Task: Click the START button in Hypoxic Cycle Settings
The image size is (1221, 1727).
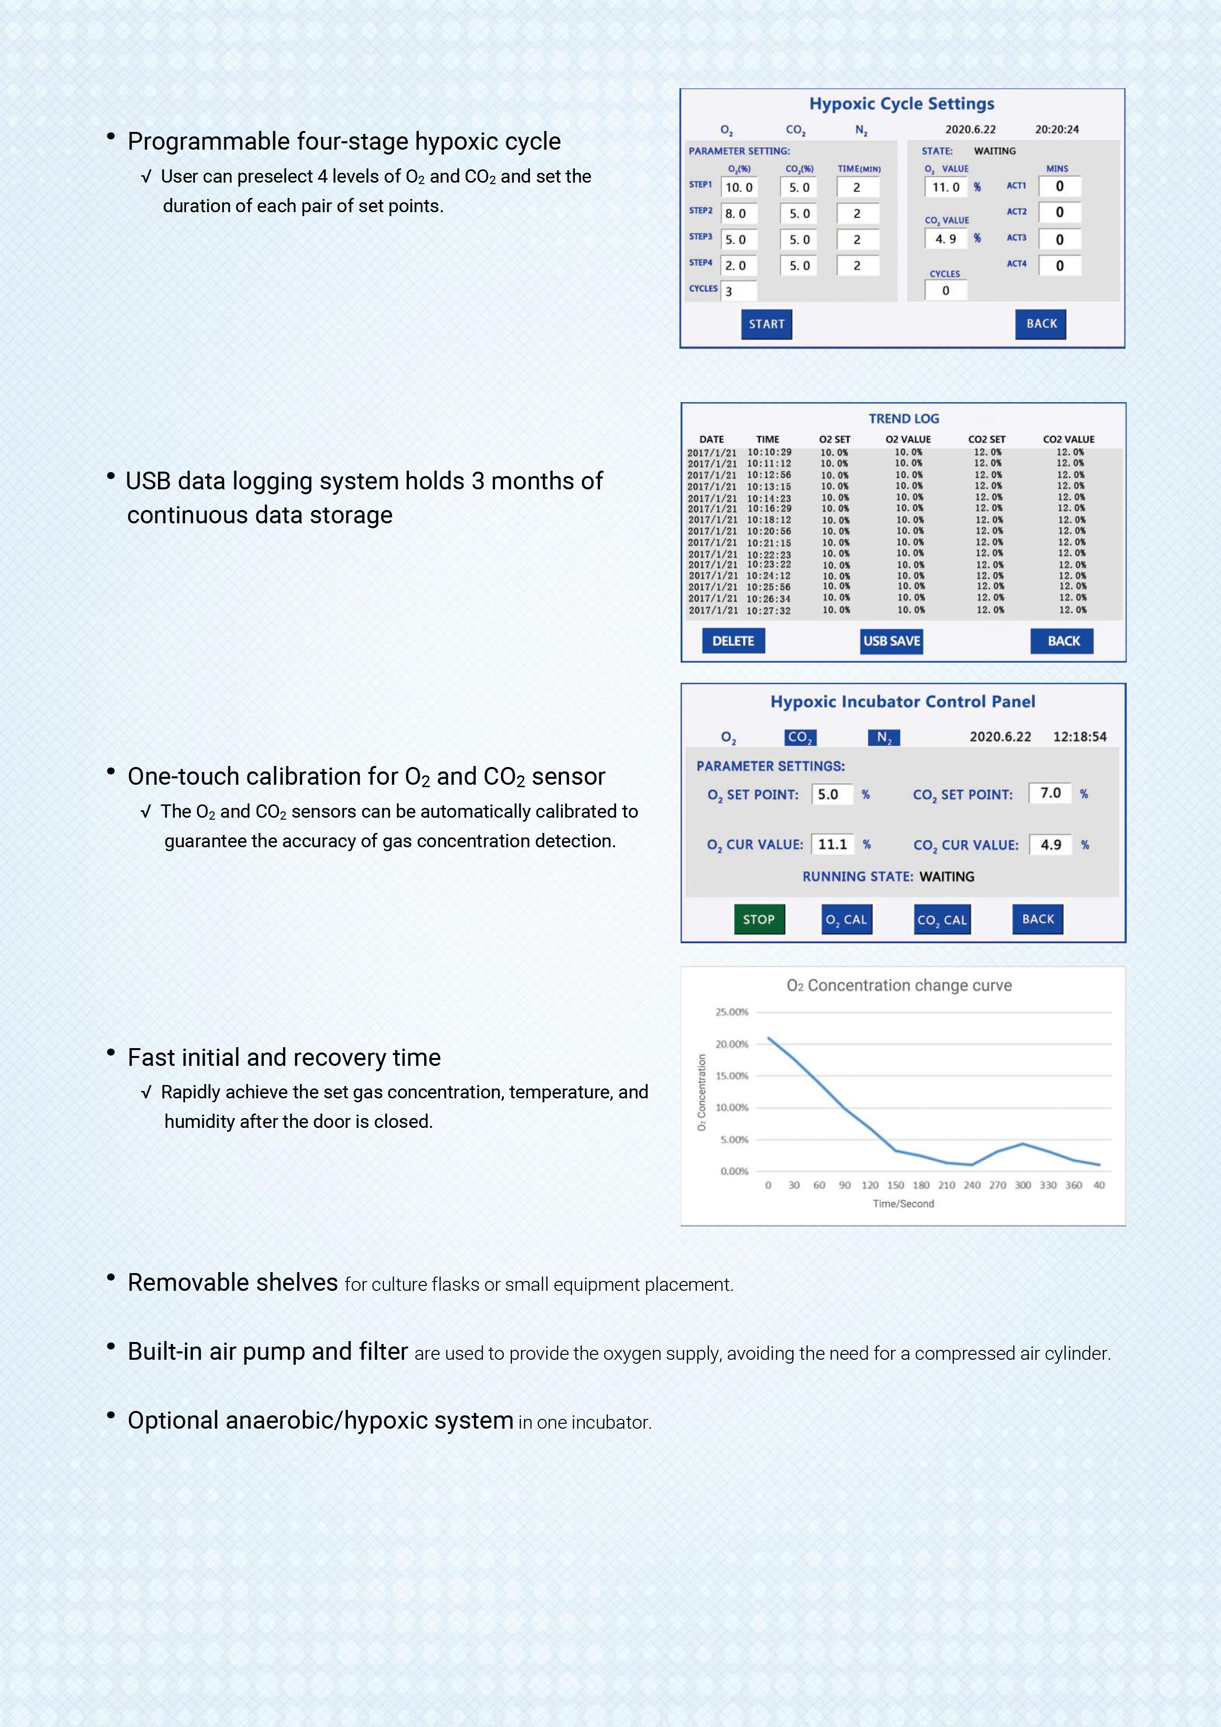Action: click(x=766, y=324)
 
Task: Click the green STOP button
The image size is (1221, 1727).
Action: click(x=758, y=919)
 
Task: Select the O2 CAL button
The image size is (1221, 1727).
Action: click(x=846, y=919)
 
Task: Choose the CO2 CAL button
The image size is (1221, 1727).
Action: click(x=942, y=919)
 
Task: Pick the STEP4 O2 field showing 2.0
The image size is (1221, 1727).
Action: click(x=738, y=265)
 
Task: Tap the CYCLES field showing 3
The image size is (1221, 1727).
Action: click(x=738, y=291)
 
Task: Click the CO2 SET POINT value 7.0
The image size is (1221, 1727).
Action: click(x=1050, y=793)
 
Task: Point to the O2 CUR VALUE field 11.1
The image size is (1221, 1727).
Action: click(x=832, y=844)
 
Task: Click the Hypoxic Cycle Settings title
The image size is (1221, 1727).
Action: click(x=902, y=104)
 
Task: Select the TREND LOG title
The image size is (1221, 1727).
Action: click(x=904, y=418)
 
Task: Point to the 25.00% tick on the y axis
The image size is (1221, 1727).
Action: click(x=731, y=1012)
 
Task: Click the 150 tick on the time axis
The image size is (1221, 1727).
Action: click(x=896, y=1184)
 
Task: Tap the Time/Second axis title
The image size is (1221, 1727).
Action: click(x=903, y=1204)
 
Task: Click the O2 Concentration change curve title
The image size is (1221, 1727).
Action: click(x=899, y=986)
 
